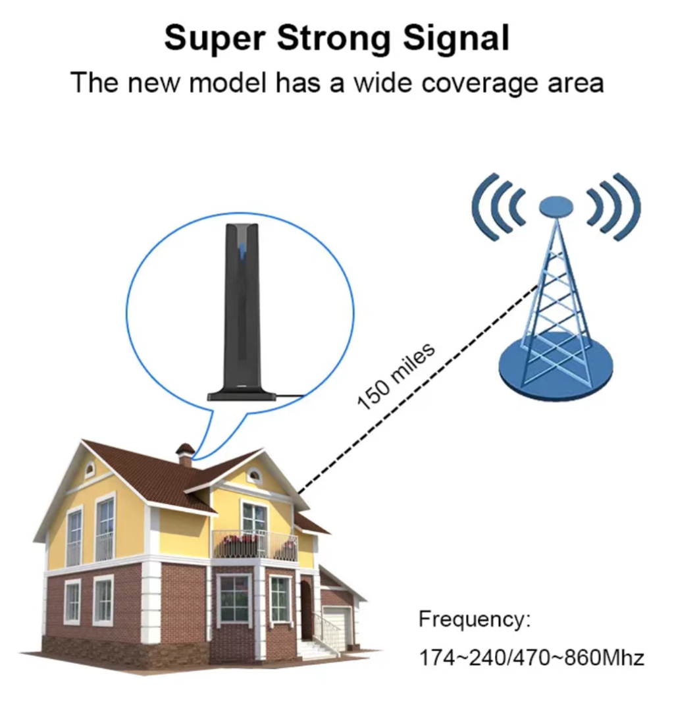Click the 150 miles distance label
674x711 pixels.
pos(396,376)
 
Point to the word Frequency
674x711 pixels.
pos(474,619)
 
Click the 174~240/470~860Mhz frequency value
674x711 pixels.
pos(531,658)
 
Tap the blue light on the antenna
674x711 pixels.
pos(243,251)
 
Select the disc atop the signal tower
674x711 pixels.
pos(556,206)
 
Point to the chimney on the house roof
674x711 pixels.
pos(186,454)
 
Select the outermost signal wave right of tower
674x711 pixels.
pos(627,206)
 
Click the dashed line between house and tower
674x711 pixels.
pos(417,388)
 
